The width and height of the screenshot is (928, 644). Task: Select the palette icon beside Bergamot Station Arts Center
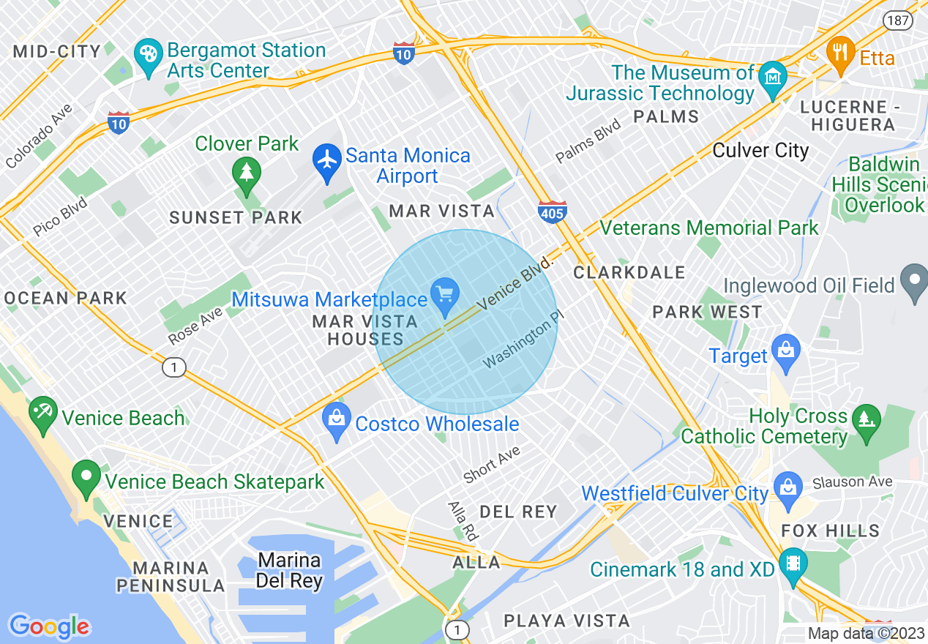pos(148,56)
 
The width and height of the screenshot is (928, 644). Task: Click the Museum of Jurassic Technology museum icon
pos(772,77)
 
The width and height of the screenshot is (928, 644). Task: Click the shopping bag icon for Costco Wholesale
pos(337,420)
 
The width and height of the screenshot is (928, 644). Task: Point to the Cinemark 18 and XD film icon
pos(792,564)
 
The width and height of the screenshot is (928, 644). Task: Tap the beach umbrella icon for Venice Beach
pos(42,413)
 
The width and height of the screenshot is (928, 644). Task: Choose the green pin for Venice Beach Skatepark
pos(86,477)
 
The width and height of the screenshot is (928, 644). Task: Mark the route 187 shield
pos(897,20)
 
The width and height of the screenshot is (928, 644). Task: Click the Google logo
pos(49,626)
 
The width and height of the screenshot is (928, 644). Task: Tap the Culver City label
pos(760,151)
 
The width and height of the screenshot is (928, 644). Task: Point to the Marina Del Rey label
pos(288,571)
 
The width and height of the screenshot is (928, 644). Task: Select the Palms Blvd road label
pos(588,141)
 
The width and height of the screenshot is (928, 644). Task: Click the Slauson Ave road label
pos(852,482)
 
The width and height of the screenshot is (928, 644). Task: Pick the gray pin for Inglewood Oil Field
pos(915,282)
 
